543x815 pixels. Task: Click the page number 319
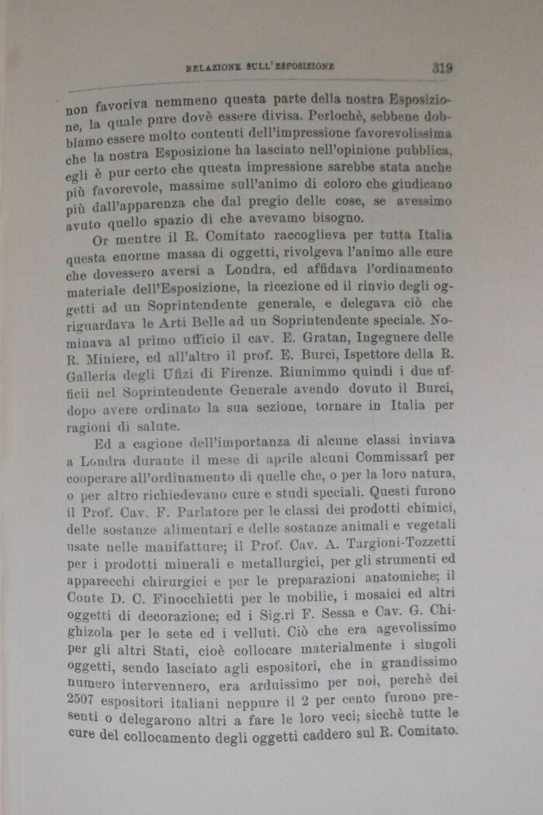442,68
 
